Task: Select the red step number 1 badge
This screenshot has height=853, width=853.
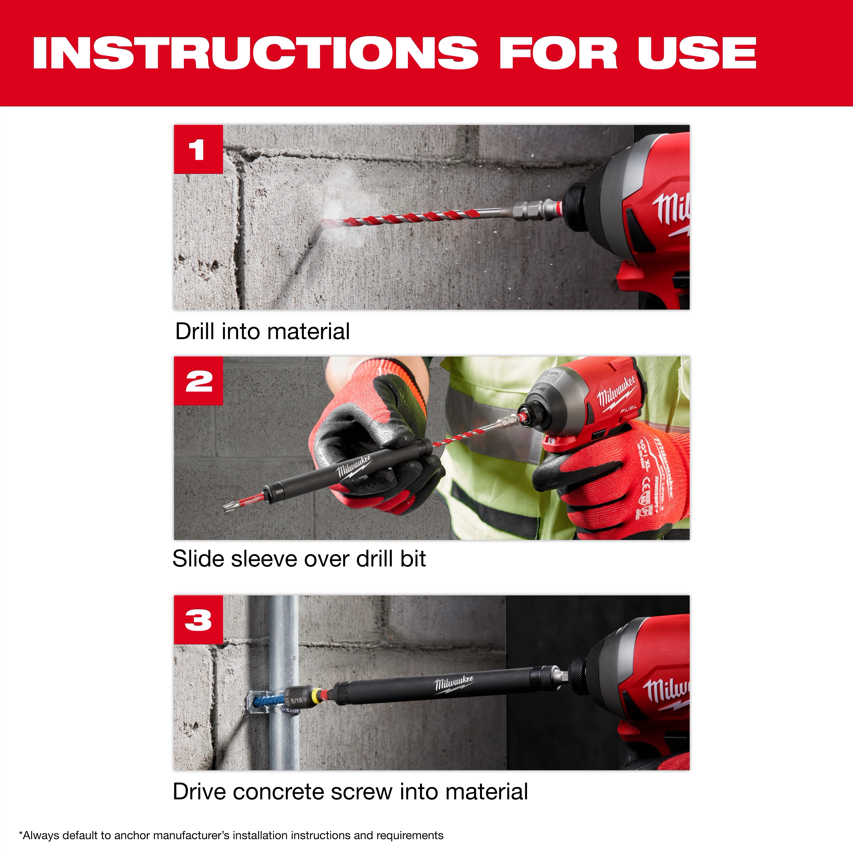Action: click(x=198, y=149)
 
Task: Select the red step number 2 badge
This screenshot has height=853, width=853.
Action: click(x=198, y=381)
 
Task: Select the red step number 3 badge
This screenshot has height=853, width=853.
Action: click(x=198, y=619)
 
